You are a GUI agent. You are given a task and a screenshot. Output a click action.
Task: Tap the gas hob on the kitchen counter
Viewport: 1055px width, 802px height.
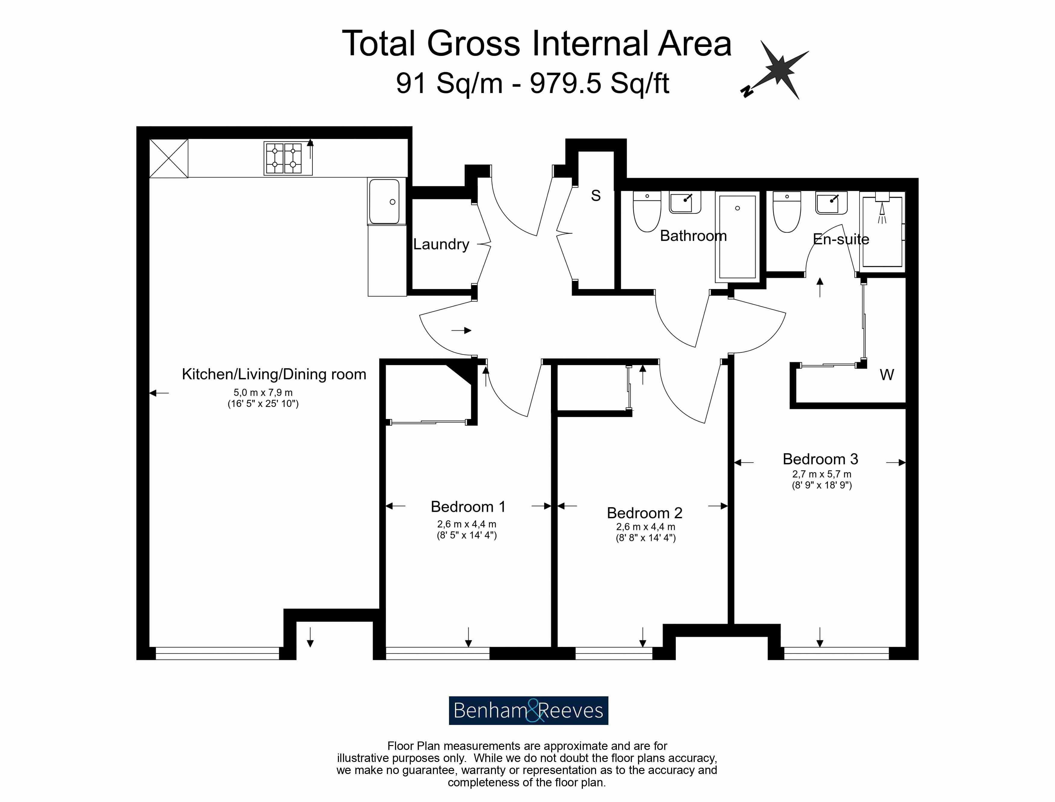[x=288, y=158]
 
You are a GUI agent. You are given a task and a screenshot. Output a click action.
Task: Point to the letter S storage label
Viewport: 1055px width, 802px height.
[x=596, y=196]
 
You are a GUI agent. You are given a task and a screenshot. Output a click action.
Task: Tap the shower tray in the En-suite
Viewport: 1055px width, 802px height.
[x=882, y=232]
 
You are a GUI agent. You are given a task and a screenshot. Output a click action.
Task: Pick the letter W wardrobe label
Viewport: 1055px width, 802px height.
[x=887, y=375]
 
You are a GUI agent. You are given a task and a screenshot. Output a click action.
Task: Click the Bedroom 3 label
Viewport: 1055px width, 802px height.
[x=820, y=459]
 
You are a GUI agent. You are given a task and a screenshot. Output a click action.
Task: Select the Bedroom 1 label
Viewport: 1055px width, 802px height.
[x=468, y=506]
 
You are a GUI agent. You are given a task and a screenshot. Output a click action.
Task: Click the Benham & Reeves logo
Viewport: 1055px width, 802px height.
[x=528, y=710]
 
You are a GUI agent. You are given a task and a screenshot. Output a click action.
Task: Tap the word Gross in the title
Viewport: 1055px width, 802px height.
[x=473, y=44]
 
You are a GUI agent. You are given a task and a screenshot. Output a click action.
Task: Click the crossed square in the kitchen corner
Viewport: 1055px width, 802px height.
[x=169, y=158]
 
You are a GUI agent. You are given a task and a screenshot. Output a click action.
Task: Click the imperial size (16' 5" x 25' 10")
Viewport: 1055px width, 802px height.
[x=263, y=404]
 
